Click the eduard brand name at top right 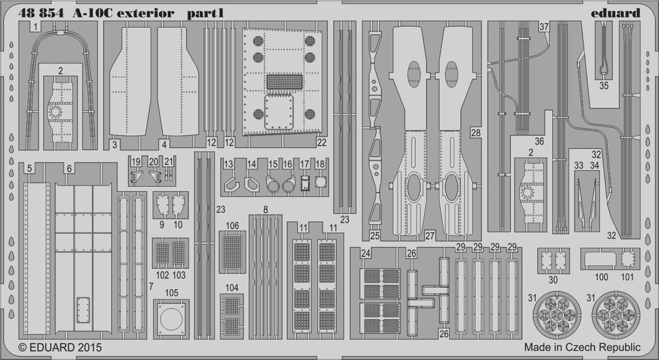point(615,13)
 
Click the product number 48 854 point(41,13)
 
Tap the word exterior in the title point(146,13)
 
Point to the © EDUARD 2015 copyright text point(60,347)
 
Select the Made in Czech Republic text point(582,347)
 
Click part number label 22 point(322,142)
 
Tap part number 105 point(171,293)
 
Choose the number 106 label point(232,226)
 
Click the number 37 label point(544,27)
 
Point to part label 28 point(476,133)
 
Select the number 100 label point(602,277)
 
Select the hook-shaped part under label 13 point(231,185)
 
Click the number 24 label point(366,254)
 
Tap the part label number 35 point(604,86)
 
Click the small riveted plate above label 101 point(627,259)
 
